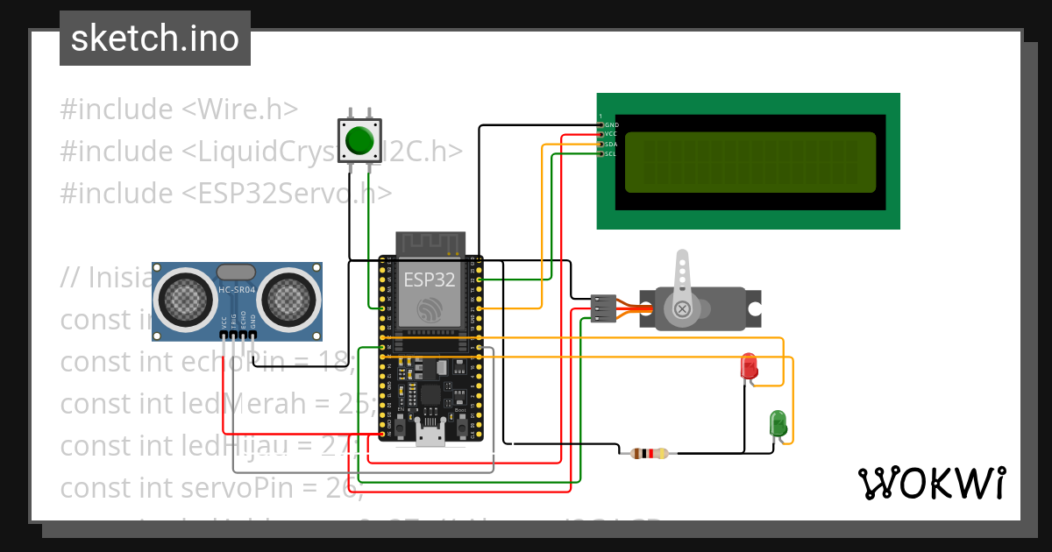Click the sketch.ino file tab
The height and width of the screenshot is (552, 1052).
154,39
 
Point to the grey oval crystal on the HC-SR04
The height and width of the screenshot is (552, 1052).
236,273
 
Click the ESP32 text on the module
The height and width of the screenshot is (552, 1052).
429,280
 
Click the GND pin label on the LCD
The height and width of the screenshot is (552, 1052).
611,124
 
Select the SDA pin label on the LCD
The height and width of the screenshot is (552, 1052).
611,144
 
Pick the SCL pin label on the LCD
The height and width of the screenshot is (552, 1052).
611,153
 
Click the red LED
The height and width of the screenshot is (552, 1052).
749,366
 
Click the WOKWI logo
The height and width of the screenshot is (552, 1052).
931,483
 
